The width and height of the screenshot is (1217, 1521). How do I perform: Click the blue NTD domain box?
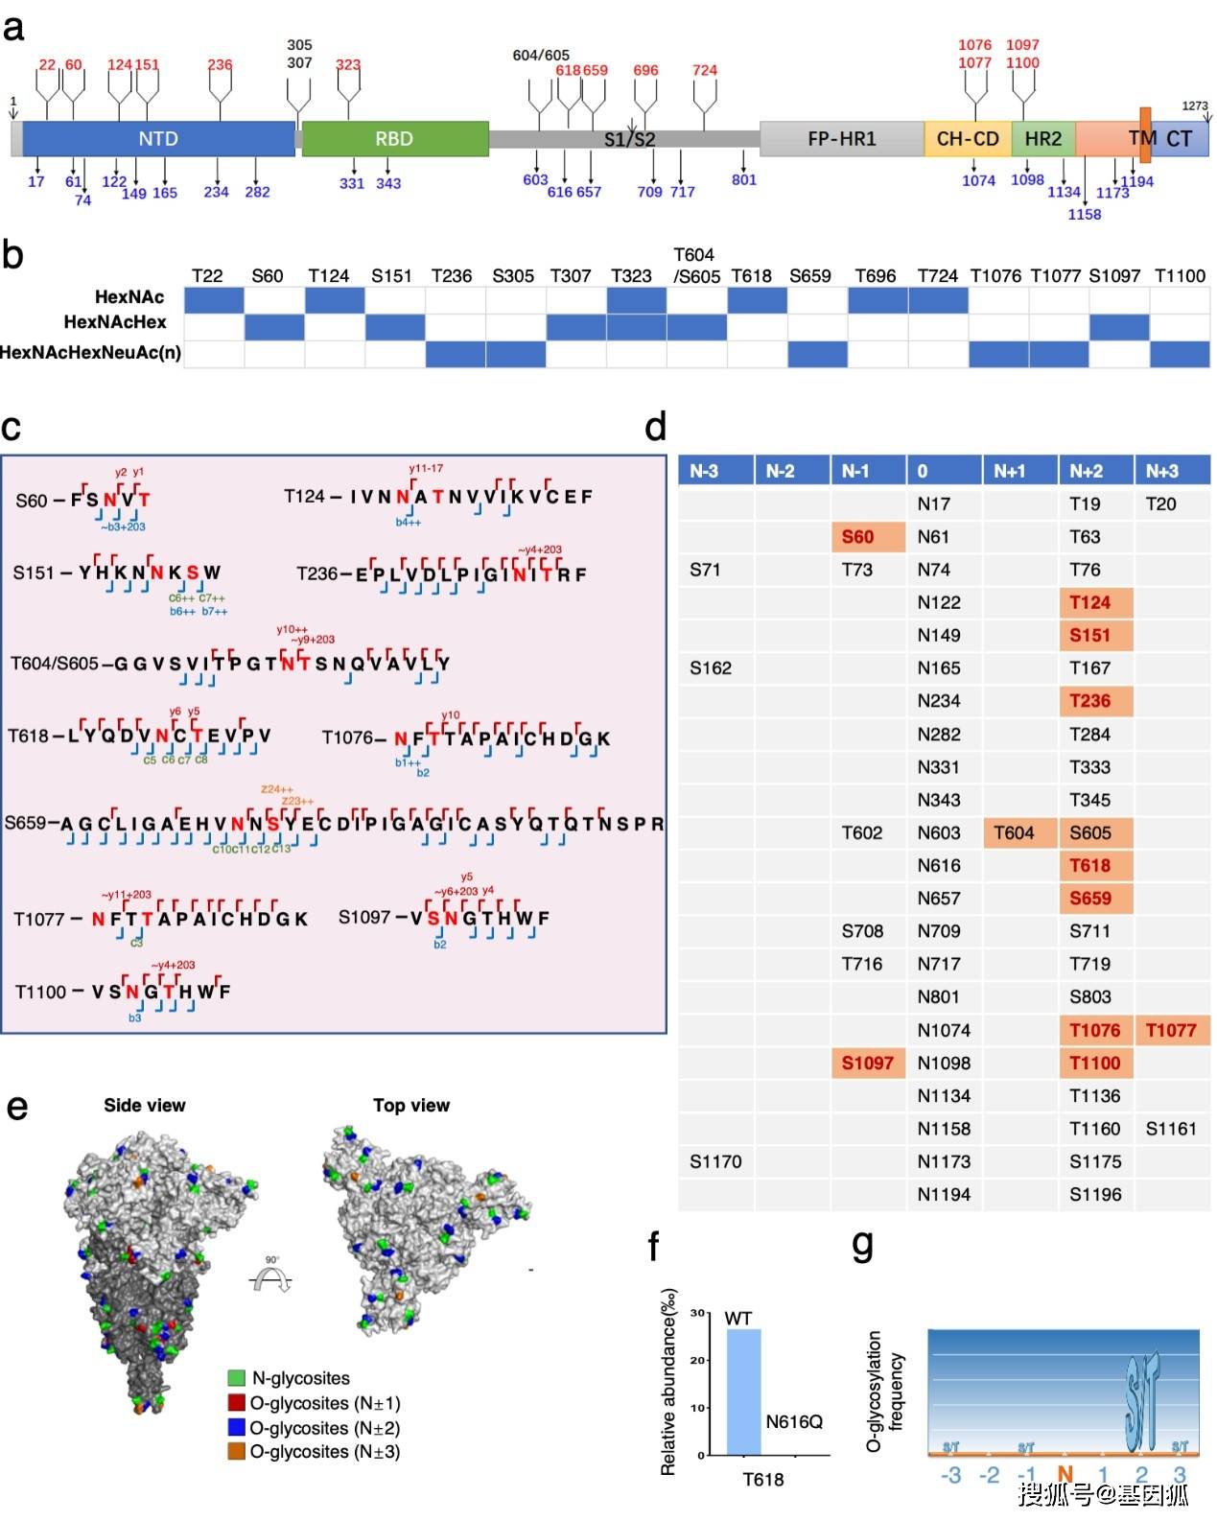pos(158,139)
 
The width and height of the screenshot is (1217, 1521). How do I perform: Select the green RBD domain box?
pos(394,139)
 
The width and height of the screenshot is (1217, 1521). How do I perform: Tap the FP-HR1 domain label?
pos(841,139)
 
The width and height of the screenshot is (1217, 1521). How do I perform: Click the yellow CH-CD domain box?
pos(967,139)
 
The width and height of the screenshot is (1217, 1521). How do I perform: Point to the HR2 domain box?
pos(1042,139)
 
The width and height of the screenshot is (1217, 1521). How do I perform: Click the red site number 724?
pos(705,70)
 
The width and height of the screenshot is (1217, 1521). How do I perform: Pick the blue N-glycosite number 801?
pos(744,179)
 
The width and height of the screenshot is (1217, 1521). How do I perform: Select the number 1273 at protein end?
pos(1195,106)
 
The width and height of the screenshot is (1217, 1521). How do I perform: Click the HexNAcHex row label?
pos(115,322)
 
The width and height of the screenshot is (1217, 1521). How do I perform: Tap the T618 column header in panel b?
pos(751,276)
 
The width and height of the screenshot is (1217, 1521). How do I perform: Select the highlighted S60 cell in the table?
pos(867,537)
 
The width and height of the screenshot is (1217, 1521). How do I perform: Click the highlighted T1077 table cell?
pos(1171,1030)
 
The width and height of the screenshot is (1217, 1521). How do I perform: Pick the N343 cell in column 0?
pos(938,800)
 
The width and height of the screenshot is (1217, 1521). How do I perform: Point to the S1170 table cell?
pos(715,1161)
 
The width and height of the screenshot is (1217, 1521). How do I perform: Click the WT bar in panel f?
pos(743,1391)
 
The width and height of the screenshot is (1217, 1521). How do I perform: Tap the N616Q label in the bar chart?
pos(794,1421)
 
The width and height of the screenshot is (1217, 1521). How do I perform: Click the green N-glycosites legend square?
pos(236,1378)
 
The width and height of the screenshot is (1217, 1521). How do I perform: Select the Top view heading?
pos(410,1105)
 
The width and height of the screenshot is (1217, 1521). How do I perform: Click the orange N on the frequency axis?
pos(1065,1475)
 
